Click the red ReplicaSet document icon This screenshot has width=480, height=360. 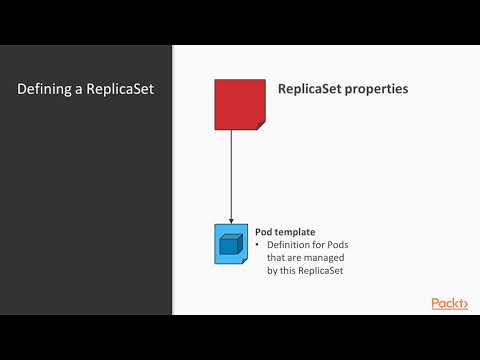click(240, 104)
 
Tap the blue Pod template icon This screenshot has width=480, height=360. click(231, 245)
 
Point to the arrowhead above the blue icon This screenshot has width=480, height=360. click(231, 221)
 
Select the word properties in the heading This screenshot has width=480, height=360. click(378, 89)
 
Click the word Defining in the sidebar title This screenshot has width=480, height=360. click(44, 89)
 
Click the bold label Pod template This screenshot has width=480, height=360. click(284, 232)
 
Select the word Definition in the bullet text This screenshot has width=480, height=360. click(290, 245)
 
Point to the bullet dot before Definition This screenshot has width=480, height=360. click(258, 245)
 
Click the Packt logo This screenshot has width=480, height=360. click(449, 303)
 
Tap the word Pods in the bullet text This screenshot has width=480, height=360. click(338, 245)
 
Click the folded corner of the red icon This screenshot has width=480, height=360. click(260, 124)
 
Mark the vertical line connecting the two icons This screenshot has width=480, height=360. click(231, 175)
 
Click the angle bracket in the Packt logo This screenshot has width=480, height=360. click(465, 304)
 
